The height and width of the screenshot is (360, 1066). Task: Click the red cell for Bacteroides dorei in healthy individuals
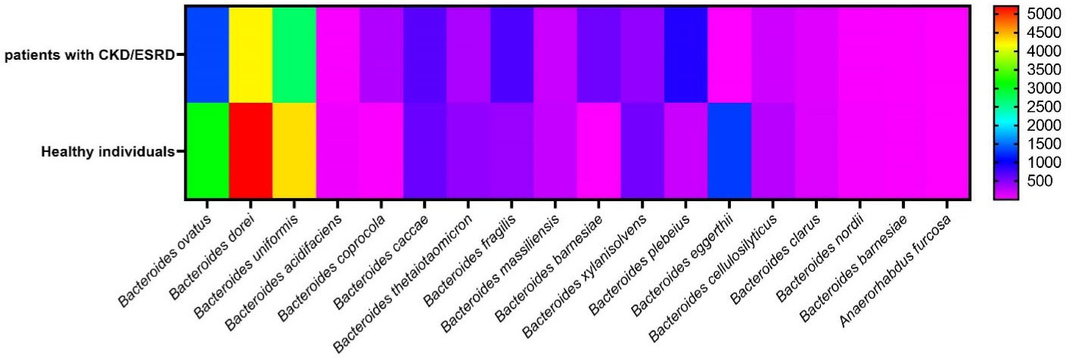[250, 151]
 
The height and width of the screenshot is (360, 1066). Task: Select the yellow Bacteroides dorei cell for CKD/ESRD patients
[250, 54]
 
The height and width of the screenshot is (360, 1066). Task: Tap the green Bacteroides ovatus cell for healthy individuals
[207, 151]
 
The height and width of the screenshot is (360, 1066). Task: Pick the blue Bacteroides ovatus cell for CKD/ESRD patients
[207, 54]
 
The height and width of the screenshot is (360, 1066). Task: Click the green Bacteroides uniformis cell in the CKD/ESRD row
[294, 54]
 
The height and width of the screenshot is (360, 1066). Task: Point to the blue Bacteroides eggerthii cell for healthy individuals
[729, 151]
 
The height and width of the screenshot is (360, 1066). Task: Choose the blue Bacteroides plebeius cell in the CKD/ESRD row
[685, 54]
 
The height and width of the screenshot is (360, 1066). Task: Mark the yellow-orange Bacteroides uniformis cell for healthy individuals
[294, 151]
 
